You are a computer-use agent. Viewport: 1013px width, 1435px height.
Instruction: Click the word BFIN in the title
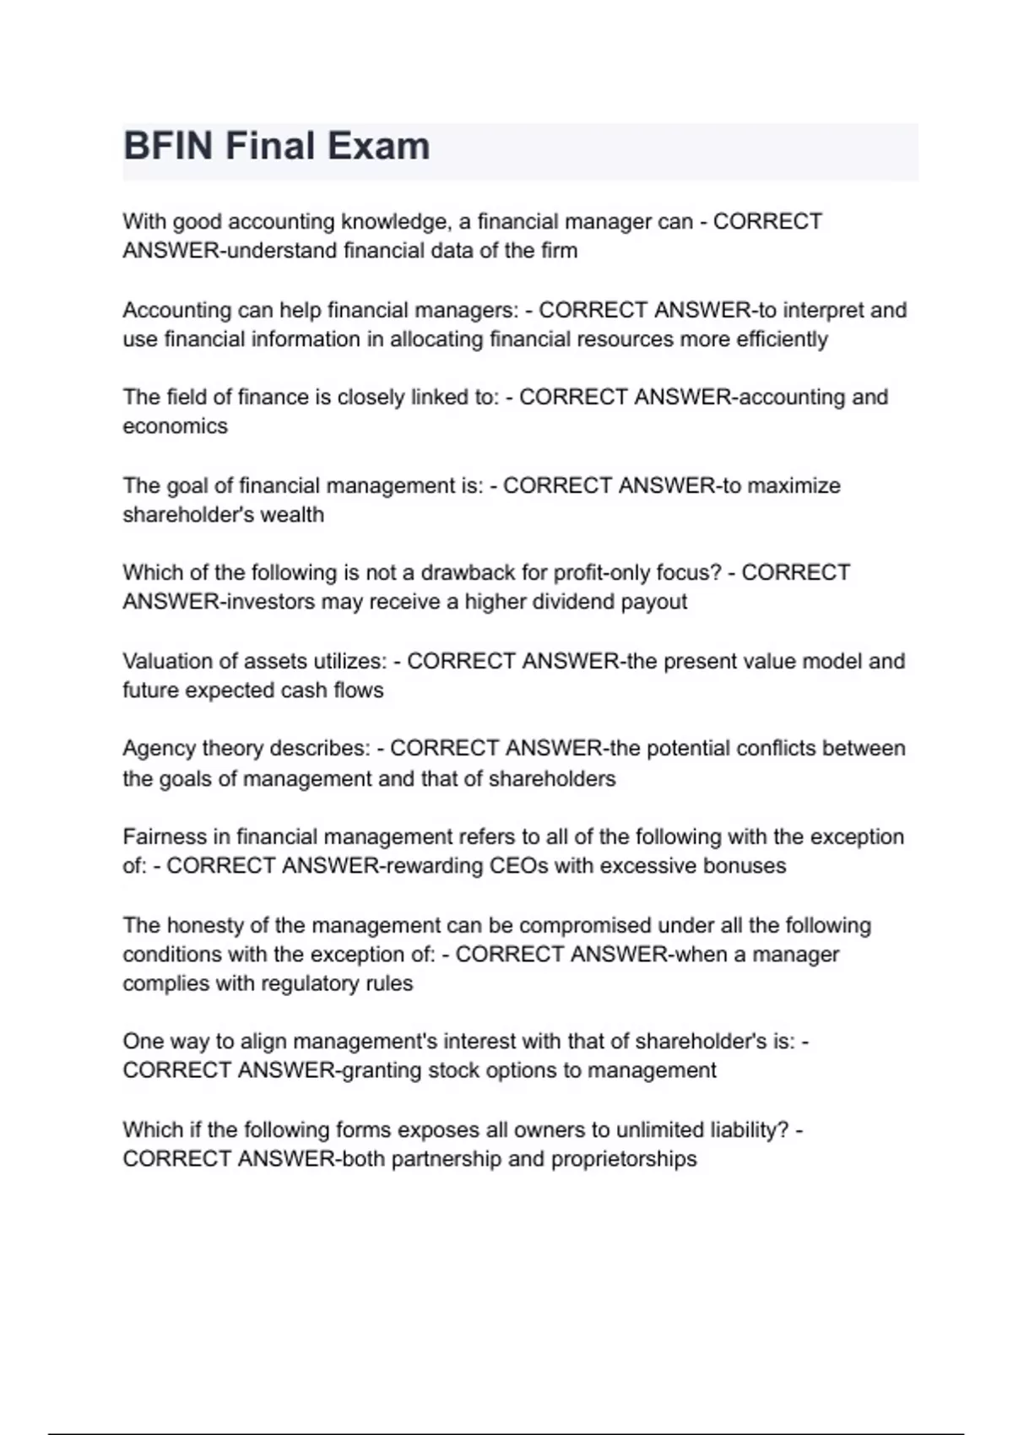(x=168, y=146)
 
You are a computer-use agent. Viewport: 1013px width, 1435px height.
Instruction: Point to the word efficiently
(x=782, y=339)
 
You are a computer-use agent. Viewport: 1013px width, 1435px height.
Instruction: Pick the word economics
(x=175, y=426)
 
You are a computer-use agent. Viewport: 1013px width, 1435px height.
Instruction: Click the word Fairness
(x=165, y=837)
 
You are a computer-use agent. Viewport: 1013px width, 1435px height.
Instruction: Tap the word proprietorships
(x=624, y=1159)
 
